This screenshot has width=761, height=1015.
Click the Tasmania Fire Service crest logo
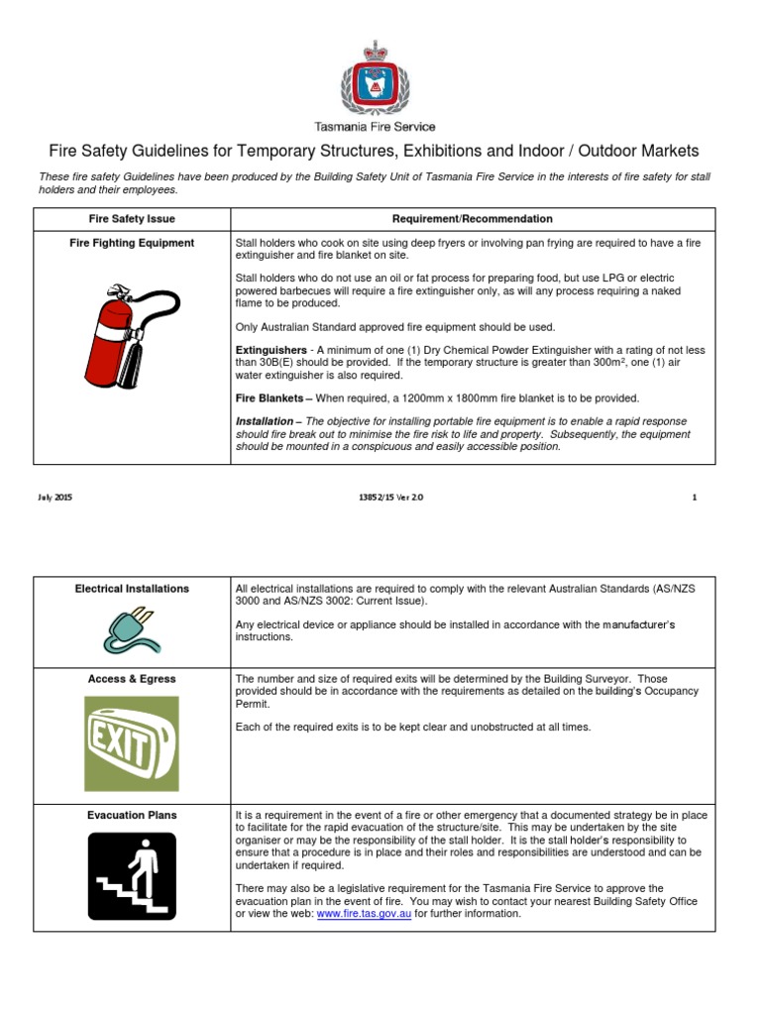375,79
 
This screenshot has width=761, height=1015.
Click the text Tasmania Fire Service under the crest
375,126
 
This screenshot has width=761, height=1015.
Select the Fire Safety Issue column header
132,219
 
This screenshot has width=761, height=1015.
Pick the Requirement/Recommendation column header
472,219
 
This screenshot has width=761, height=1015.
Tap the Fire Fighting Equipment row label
132,243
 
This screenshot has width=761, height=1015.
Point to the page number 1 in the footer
695,498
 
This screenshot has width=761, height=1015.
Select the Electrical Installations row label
132,589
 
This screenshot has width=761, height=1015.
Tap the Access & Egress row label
132,679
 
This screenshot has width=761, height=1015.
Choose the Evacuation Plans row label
132,815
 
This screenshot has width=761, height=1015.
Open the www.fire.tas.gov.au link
364,914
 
